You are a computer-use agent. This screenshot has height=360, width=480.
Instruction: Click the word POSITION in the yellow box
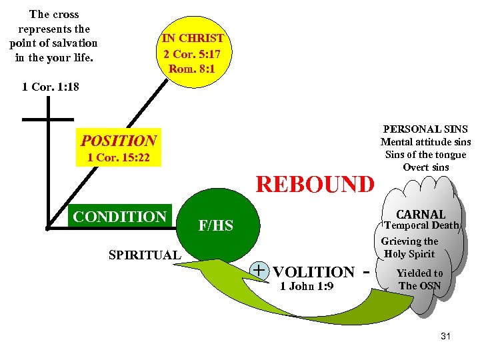(x=119, y=141)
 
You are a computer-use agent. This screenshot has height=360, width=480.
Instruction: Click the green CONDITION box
(x=119, y=217)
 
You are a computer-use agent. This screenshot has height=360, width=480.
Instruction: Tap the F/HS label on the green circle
(x=216, y=226)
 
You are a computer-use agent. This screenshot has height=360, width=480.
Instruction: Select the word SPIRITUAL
(x=145, y=255)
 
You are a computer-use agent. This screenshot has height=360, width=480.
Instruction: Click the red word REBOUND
(x=315, y=184)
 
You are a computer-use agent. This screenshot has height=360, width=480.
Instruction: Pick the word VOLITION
(x=313, y=272)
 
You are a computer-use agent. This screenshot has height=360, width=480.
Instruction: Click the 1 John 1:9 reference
(x=307, y=287)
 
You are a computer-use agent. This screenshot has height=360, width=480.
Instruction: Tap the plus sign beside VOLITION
(x=259, y=270)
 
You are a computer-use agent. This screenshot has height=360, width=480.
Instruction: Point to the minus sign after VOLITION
(x=365, y=272)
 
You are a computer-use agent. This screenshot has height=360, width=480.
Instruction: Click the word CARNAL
(x=421, y=214)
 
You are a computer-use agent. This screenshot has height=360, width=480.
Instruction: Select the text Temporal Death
(x=421, y=225)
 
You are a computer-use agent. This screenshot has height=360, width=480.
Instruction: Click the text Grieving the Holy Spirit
(x=409, y=247)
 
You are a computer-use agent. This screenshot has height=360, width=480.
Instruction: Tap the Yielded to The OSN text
(x=419, y=279)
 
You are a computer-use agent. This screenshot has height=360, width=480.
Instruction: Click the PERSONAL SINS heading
(x=425, y=129)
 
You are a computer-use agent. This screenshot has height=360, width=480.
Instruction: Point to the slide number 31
(x=445, y=336)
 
